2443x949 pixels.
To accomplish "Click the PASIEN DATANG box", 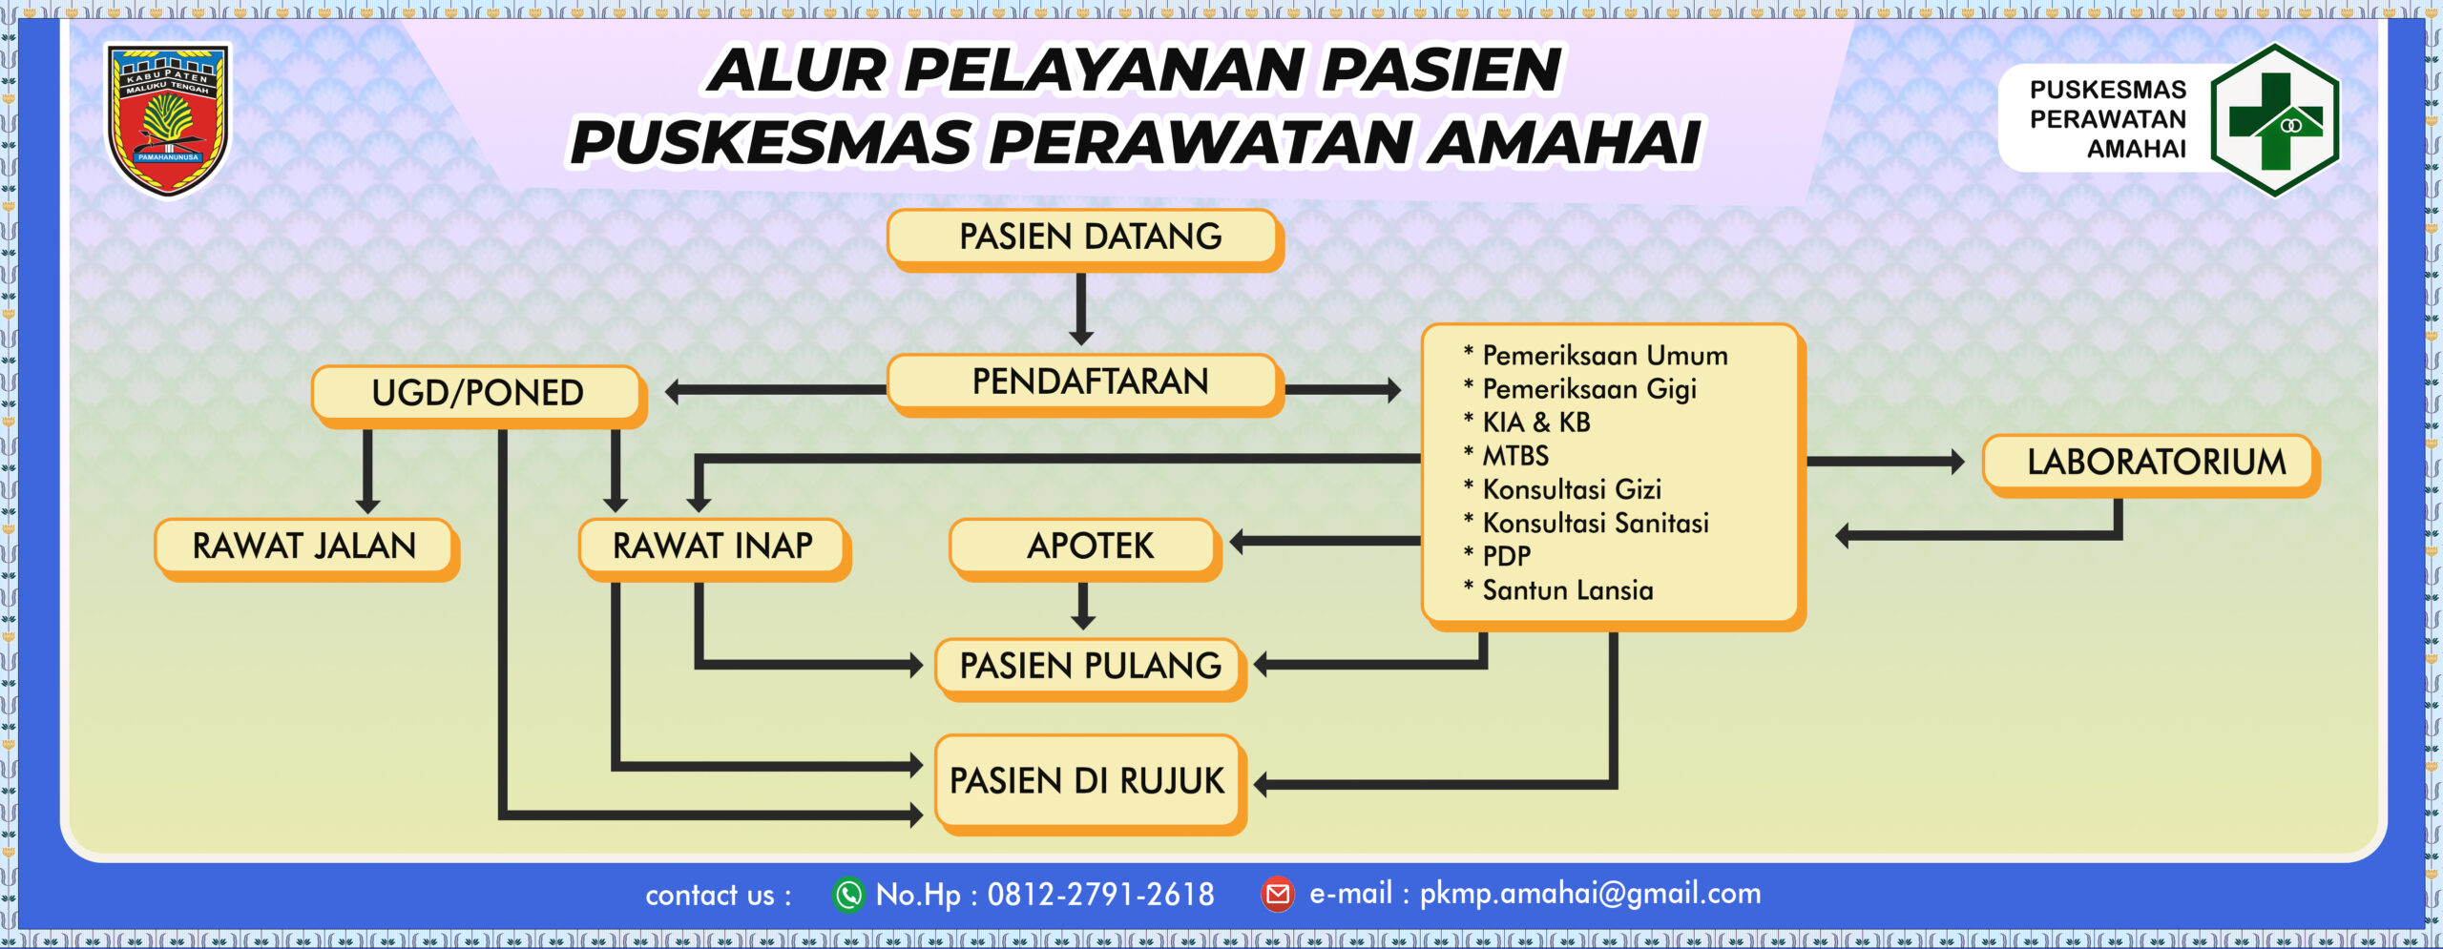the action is coord(1086,240).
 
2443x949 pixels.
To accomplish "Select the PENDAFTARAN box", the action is coord(1086,385).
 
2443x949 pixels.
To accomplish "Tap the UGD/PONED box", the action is coord(479,397).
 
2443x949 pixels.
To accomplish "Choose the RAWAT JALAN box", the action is coord(307,549).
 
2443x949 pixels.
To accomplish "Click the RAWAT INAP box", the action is coord(715,549).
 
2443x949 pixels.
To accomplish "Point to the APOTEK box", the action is coord(1086,549).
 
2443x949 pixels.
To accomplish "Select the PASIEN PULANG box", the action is coord(1091,670).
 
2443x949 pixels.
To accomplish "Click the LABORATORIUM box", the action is coord(2152,465).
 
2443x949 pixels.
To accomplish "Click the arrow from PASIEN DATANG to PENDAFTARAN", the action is coord(1081,309).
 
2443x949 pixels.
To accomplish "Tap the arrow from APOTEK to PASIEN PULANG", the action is coord(1083,606).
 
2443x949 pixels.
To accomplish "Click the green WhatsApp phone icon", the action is coord(848,895).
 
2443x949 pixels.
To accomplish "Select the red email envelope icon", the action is coord(1278,895).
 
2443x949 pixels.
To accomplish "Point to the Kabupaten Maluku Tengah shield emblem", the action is coord(168,120).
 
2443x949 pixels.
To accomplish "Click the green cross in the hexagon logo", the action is coord(2275,121).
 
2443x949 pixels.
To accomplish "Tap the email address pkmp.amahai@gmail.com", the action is coord(1590,894).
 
